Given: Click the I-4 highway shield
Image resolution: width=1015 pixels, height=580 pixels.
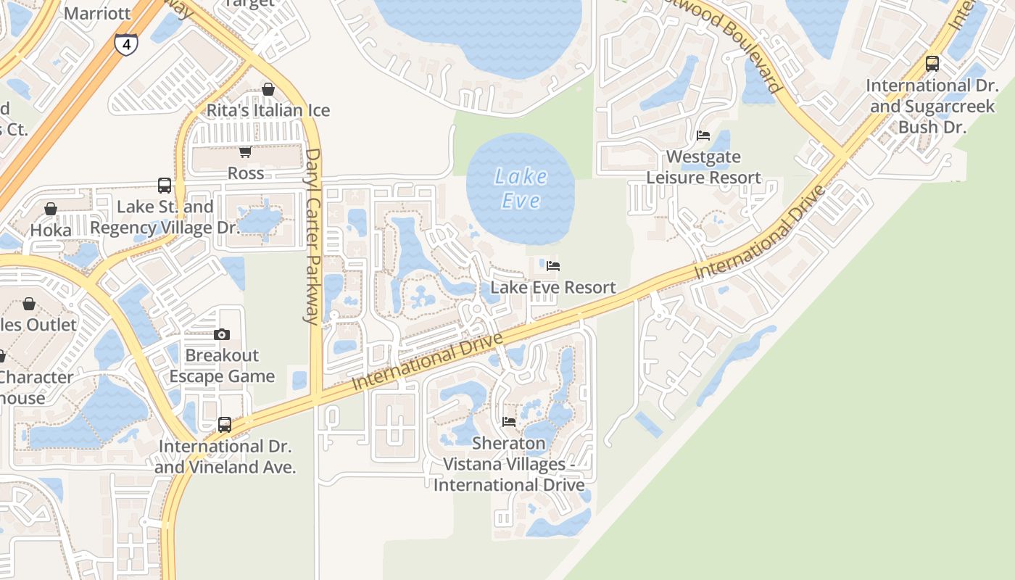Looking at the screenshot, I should click(x=126, y=45).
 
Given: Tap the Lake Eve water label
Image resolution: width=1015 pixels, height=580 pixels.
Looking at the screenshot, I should click(x=521, y=188).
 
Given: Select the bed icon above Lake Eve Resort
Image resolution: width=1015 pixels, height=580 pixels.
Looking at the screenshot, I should click(x=553, y=266).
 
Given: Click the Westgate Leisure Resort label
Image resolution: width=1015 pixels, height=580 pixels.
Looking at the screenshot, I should click(x=703, y=167).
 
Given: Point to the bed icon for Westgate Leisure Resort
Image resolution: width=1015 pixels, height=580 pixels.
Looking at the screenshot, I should click(x=703, y=136).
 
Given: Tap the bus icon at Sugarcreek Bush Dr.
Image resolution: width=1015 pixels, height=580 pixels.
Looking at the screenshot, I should click(x=932, y=64).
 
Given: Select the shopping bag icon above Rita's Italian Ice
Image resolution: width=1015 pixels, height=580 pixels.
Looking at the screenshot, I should click(x=268, y=89).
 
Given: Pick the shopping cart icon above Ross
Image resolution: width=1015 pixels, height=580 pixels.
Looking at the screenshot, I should click(x=245, y=152).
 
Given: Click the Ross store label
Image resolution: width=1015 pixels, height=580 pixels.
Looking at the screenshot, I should click(x=246, y=173).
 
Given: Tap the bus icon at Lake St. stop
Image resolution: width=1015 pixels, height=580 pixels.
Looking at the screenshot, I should click(x=165, y=186).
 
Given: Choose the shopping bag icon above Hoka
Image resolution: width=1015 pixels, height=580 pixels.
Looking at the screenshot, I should click(x=51, y=209).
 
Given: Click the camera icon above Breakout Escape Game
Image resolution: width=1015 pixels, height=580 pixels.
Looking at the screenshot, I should click(x=222, y=334).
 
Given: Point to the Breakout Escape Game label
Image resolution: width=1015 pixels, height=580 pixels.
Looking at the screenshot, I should click(x=222, y=366).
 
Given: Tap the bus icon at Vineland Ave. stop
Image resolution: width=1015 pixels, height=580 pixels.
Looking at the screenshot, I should click(x=225, y=425).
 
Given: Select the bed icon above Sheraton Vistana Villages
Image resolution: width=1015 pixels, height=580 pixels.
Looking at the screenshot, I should click(x=509, y=421).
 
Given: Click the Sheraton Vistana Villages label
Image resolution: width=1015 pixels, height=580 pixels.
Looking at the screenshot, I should click(x=509, y=464).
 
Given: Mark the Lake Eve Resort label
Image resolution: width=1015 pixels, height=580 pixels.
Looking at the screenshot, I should click(x=553, y=287).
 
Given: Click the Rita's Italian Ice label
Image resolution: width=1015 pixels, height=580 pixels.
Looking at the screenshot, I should click(x=268, y=110).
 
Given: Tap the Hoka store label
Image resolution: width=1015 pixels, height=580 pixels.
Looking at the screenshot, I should click(x=51, y=230).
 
